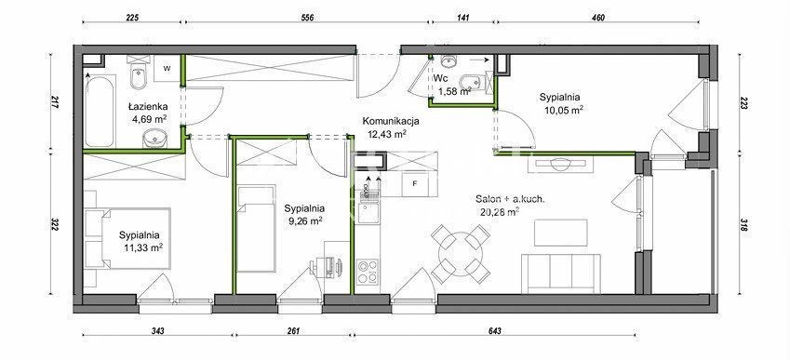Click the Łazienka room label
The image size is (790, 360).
pyautogui.click(x=147, y=107)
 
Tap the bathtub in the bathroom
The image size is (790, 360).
pyautogui.click(x=100, y=111)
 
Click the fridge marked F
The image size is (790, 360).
pyautogui.click(x=415, y=184)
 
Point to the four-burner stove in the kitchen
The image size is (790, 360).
pyautogui.click(x=368, y=272)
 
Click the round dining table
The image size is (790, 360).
pyautogui.click(x=461, y=253)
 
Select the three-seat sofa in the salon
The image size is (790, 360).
pyautogui.click(x=561, y=273)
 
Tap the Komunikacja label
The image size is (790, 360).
pyautogui.click(x=391, y=121)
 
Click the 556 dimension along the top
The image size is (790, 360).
pyautogui.click(x=307, y=18)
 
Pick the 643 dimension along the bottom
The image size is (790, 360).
pyautogui.click(x=495, y=331)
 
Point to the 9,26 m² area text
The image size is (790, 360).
pyautogui.click(x=302, y=220)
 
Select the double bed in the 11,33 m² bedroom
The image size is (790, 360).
pyautogui.click(x=128, y=240)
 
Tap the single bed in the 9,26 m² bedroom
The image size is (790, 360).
pyautogui.click(x=256, y=228)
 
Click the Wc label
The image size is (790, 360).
pyautogui.click(x=441, y=78)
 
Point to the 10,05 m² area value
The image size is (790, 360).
pyautogui.click(x=562, y=109)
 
